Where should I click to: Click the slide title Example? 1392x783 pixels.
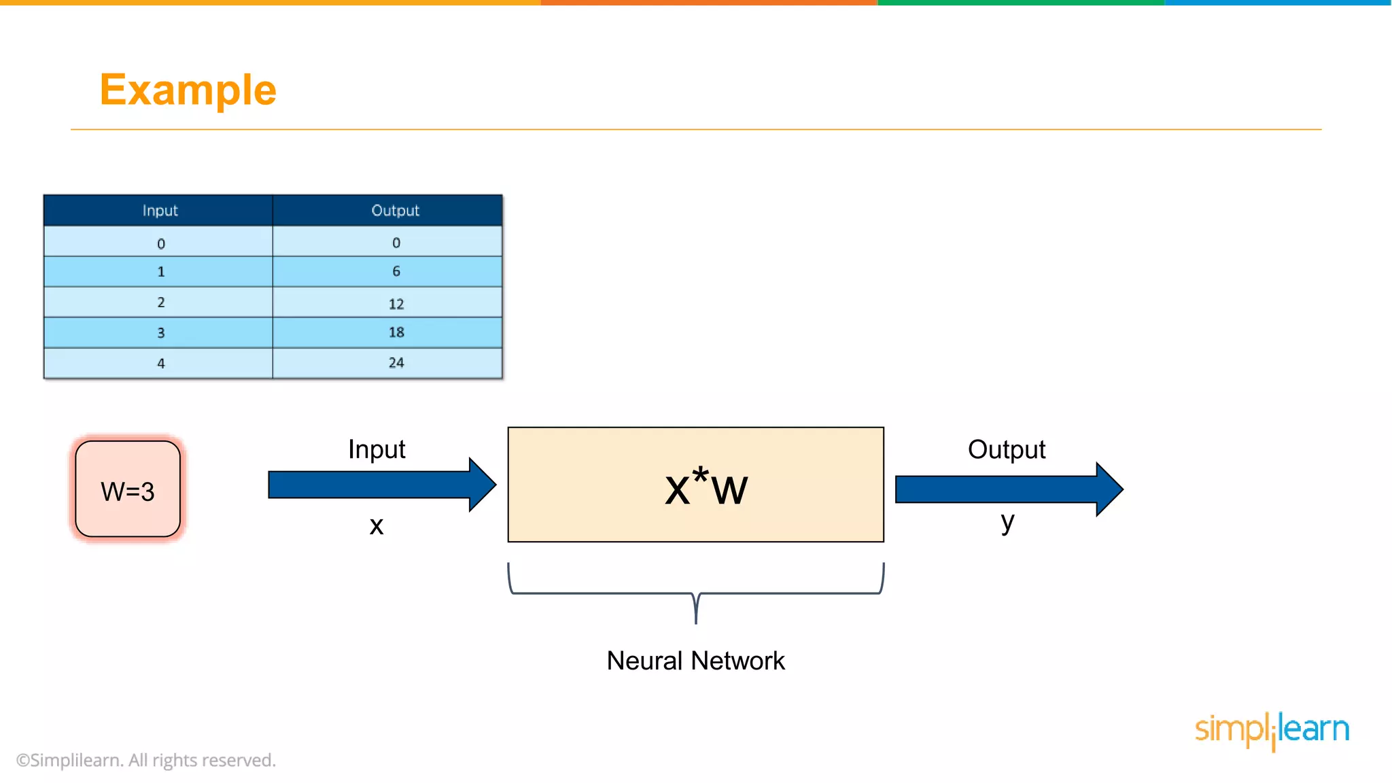coord(188,90)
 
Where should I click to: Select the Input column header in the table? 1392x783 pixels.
coord(160,211)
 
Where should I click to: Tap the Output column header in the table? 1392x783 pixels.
coord(395,211)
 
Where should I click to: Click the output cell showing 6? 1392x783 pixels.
coord(396,271)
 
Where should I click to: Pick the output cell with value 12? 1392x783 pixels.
coord(396,303)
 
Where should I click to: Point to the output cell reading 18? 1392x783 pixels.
coord(396,332)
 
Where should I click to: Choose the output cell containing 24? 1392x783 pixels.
coord(396,363)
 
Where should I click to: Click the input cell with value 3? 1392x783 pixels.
coord(160,333)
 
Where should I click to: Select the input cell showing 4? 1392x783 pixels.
coord(160,364)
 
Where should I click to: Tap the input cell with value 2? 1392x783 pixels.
coord(160,302)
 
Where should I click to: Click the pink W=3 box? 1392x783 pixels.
coord(128,489)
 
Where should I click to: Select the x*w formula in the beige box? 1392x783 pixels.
coord(706,487)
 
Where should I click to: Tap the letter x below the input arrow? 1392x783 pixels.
coord(376,526)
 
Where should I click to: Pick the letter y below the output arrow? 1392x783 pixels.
coord(1007,522)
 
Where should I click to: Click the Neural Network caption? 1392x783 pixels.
coord(695,661)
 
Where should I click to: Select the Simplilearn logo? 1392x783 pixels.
coord(1272,730)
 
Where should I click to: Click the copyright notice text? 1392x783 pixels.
coord(146,760)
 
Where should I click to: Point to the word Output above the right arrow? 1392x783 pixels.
coord(1006,449)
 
